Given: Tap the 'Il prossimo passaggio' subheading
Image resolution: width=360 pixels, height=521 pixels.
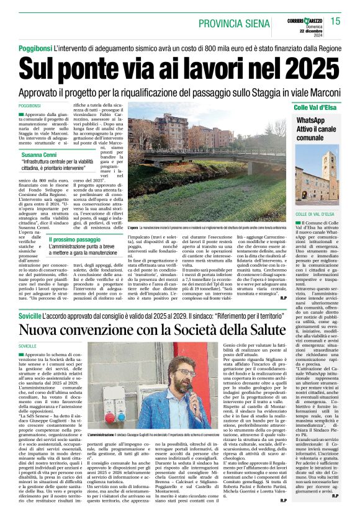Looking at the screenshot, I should (x=75, y=239).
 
